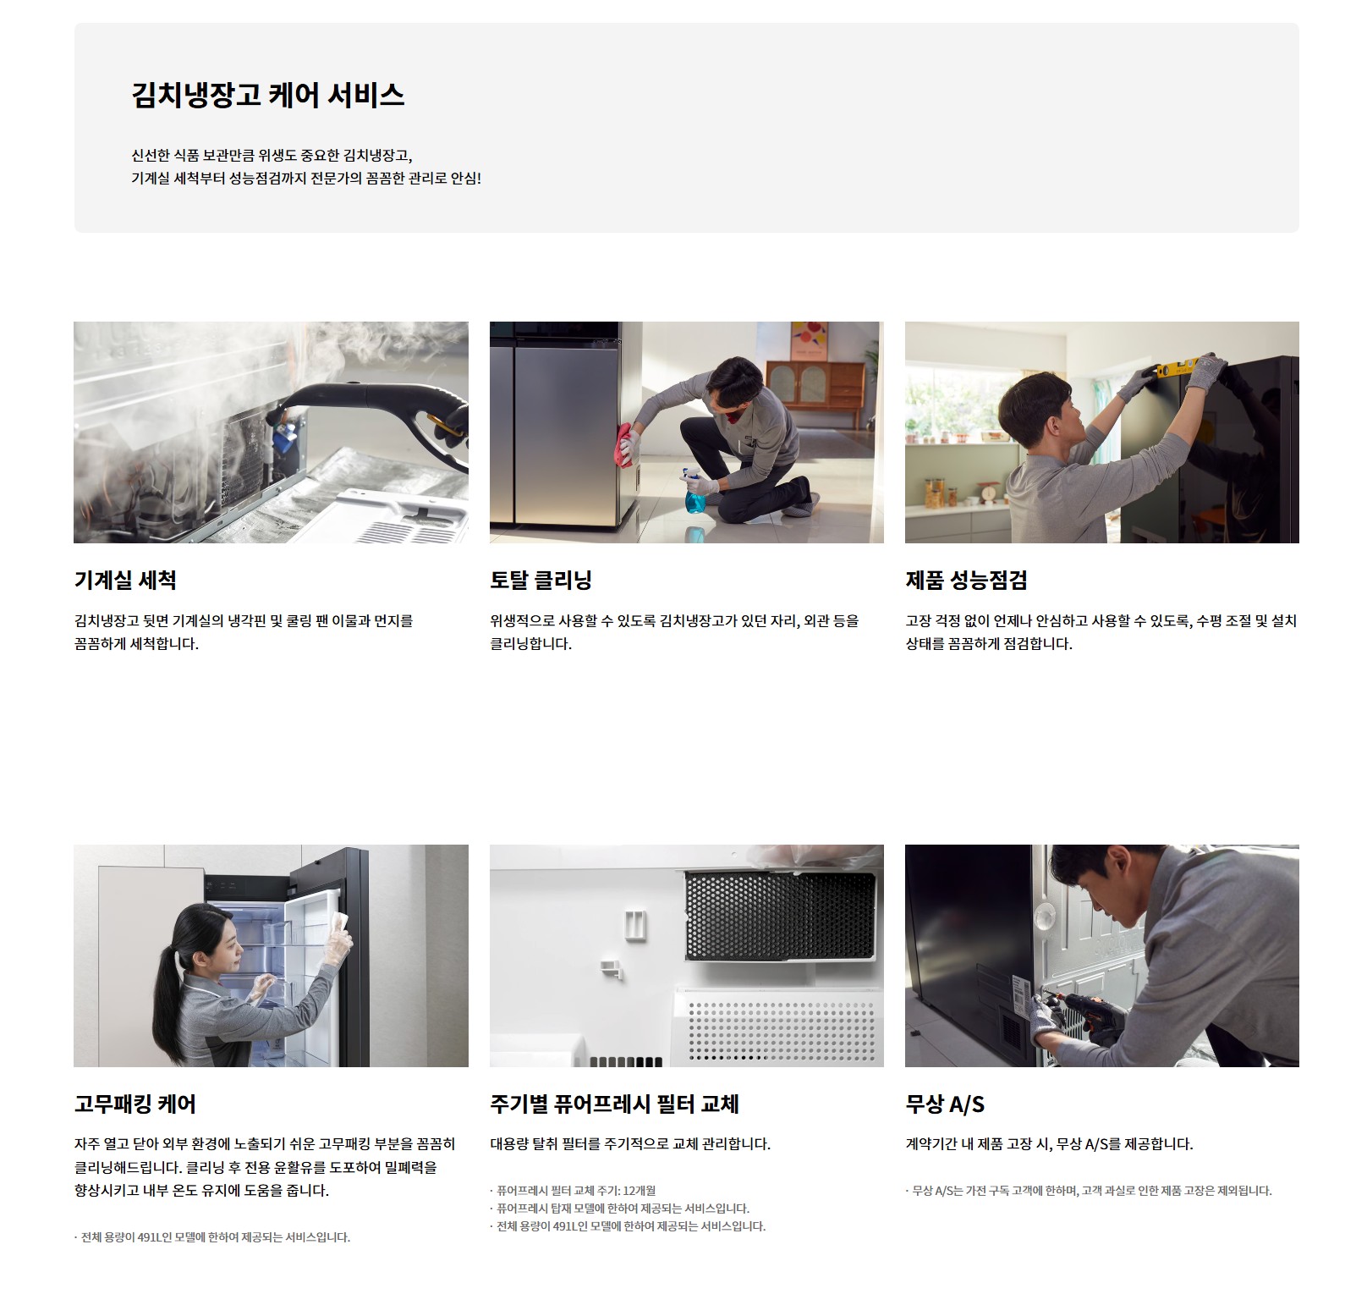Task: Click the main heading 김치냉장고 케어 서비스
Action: tap(268, 94)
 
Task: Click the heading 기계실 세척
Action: tap(125, 580)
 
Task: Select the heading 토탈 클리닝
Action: tap(541, 580)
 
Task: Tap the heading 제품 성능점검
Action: tap(966, 580)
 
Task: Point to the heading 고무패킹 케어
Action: tap(135, 1104)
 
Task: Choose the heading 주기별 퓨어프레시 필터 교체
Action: tap(615, 1104)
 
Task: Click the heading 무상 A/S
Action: tap(945, 1104)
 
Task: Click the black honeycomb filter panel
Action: tap(779, 915)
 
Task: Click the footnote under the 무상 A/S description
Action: tap(1089, 1190)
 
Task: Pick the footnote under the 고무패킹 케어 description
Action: tap(212, 1236)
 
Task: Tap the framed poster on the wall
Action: tap(813, 340)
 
